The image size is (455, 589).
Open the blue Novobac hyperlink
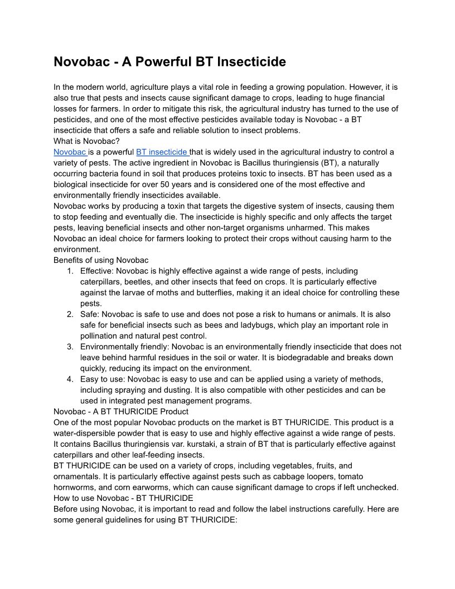69,152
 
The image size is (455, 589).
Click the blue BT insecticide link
161,152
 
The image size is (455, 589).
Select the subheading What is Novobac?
86,141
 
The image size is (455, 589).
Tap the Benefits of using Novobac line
101,260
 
